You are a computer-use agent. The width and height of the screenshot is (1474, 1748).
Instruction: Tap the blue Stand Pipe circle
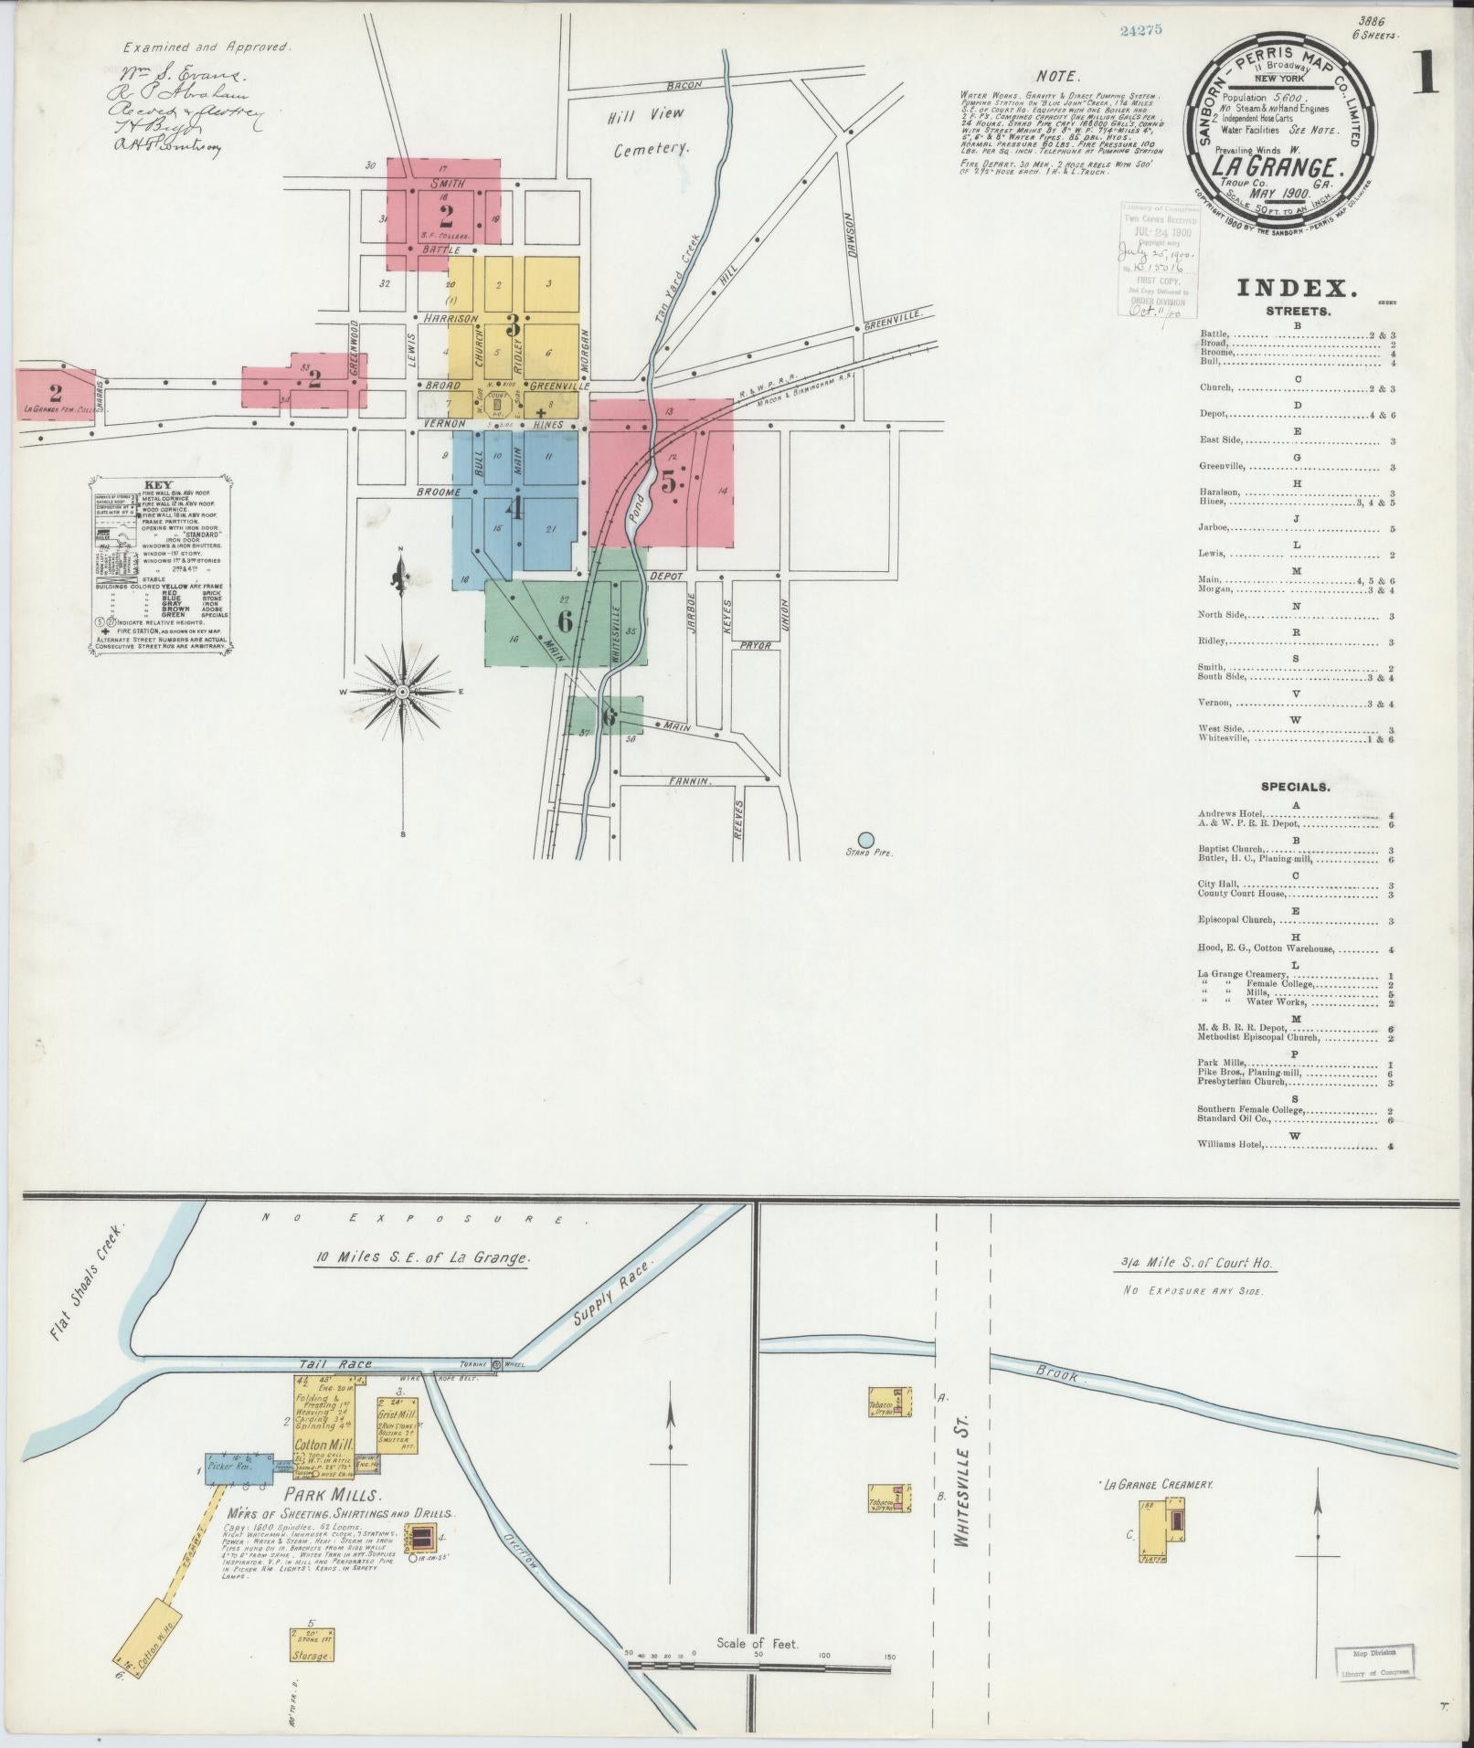865,839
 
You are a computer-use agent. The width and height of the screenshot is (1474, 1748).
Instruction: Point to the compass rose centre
401,693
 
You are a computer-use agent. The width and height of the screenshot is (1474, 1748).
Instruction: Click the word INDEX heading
1296,289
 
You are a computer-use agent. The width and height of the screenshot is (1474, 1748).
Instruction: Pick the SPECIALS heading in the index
1295,787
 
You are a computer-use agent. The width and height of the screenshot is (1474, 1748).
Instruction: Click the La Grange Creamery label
1158,1486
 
